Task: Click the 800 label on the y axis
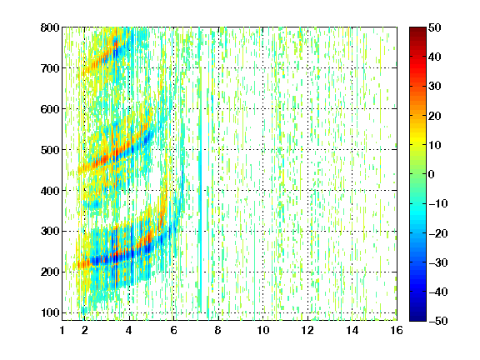(50, 27)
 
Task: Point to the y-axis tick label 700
(50, 68)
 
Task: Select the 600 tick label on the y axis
(50, 109)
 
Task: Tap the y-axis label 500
(50, 150)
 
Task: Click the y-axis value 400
(50, 191)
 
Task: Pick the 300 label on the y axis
(50, 232)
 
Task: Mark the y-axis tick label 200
(50, 272)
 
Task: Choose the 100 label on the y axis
(50, 312)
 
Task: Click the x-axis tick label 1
(62, 330)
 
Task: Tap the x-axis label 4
(129, 330)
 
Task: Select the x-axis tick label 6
(173, 330)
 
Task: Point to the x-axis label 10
(262, 330)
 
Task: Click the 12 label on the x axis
(307, 330)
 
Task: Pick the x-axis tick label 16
(397, 330)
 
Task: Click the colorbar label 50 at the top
(434, 27)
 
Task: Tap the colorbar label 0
(432, 174)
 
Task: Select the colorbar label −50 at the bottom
(438, 321)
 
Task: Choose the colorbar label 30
(434, 87)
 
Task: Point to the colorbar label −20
(438, 233)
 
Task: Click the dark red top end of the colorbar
(417, 29)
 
